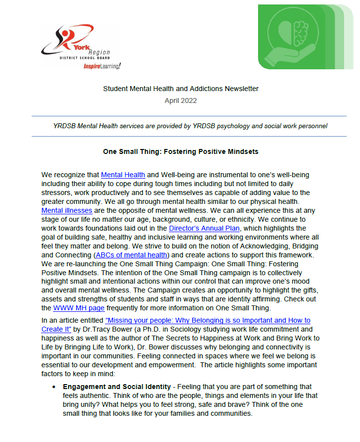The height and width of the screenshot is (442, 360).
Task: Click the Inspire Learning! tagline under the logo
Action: pyautogui.click(x=102, y=66)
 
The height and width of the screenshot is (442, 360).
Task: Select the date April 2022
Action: pyautogui.click(x=180, y=100)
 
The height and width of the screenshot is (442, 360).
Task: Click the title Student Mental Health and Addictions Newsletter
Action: pyautogui.click(x=180, y=89)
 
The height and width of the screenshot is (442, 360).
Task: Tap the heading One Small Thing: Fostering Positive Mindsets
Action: pyautogui.click(x=180, y=151)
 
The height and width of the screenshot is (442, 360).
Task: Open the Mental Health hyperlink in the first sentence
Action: pyautogui.click(x=123, y=175)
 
